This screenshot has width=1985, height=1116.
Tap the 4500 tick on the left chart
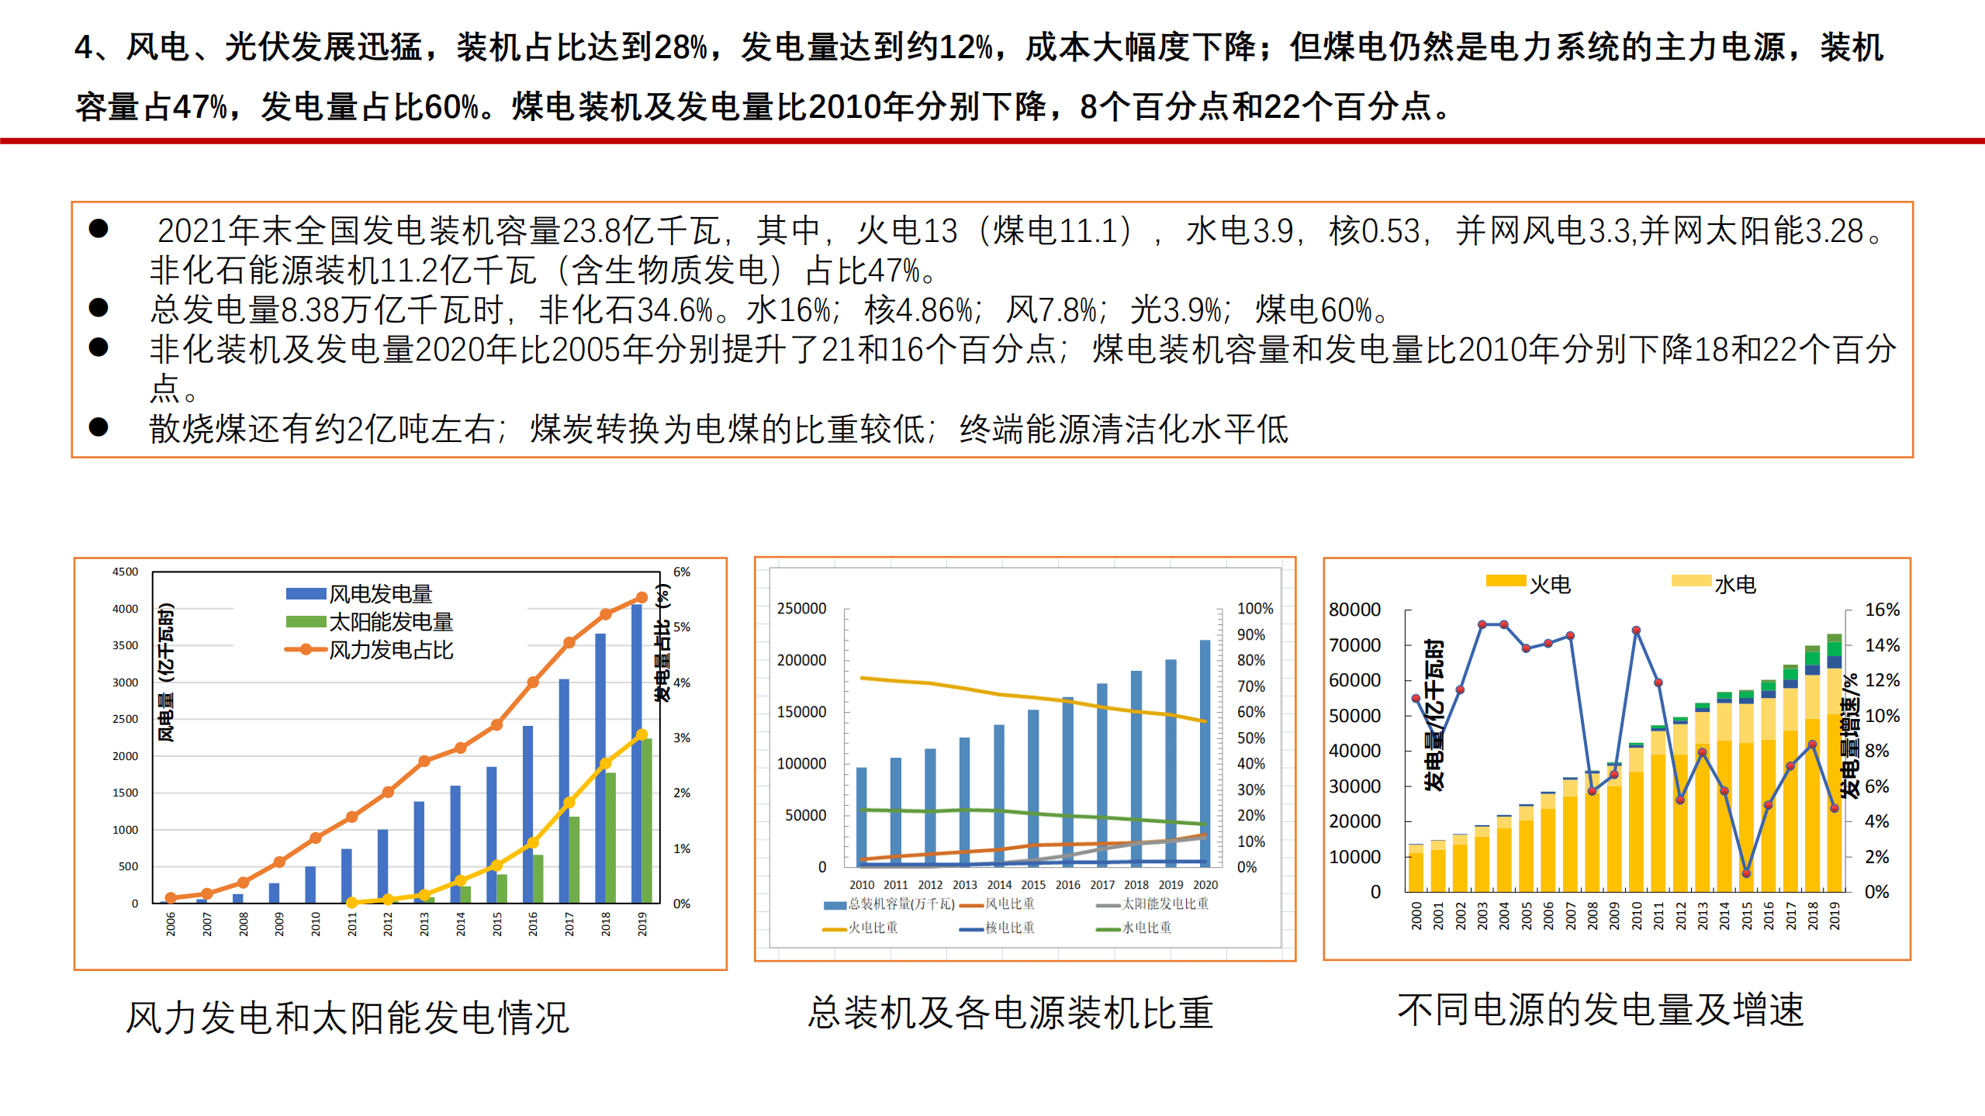point(125,572)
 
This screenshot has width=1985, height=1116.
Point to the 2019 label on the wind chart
point(642,923)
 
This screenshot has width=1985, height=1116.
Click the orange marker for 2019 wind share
point(641,597)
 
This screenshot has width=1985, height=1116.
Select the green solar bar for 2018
point(610,838)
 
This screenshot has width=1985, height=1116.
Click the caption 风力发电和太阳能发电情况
point(348,1018)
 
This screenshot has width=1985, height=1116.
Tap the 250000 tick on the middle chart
point(801,609)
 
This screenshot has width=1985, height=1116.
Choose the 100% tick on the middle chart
point(1254,609)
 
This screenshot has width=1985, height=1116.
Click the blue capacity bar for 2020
point(1205,752)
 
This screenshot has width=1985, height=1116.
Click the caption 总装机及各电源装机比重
point(1010,1013)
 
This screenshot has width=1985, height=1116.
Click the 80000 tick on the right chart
point(1354,610)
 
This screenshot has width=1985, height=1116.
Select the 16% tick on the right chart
point(1882,610)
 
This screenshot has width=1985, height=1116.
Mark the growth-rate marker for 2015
point(1746,873)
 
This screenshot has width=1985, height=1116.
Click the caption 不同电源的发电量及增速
point(1600,1010)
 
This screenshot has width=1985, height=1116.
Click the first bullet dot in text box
point(99,228)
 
